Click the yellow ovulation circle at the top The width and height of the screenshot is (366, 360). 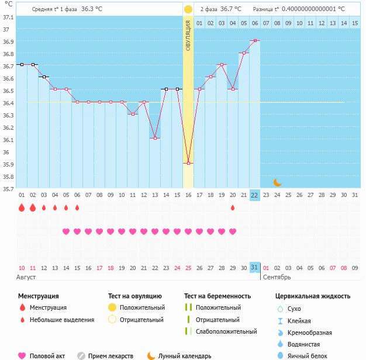click(x=188, y=9)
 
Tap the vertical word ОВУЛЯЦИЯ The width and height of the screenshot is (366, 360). click(x=188, y=35)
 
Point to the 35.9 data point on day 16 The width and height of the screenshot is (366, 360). click(x=188, y=164)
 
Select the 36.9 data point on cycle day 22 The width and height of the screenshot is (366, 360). click(x=255, y=41)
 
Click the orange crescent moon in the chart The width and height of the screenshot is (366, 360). click(x=278, y=182)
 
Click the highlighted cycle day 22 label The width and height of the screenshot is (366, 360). click(x=255, y=195)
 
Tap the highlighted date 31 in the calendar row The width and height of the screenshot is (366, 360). click(x=254, y=267)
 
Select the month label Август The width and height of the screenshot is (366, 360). click(x=27, y=276)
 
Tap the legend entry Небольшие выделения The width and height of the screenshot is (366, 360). click(x=63, y=320)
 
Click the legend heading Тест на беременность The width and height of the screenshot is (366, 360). click(x=217, y=296)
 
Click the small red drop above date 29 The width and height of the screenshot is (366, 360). click(x=233, y=208)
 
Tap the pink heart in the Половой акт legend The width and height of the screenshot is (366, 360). click(x=22, y=356)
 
